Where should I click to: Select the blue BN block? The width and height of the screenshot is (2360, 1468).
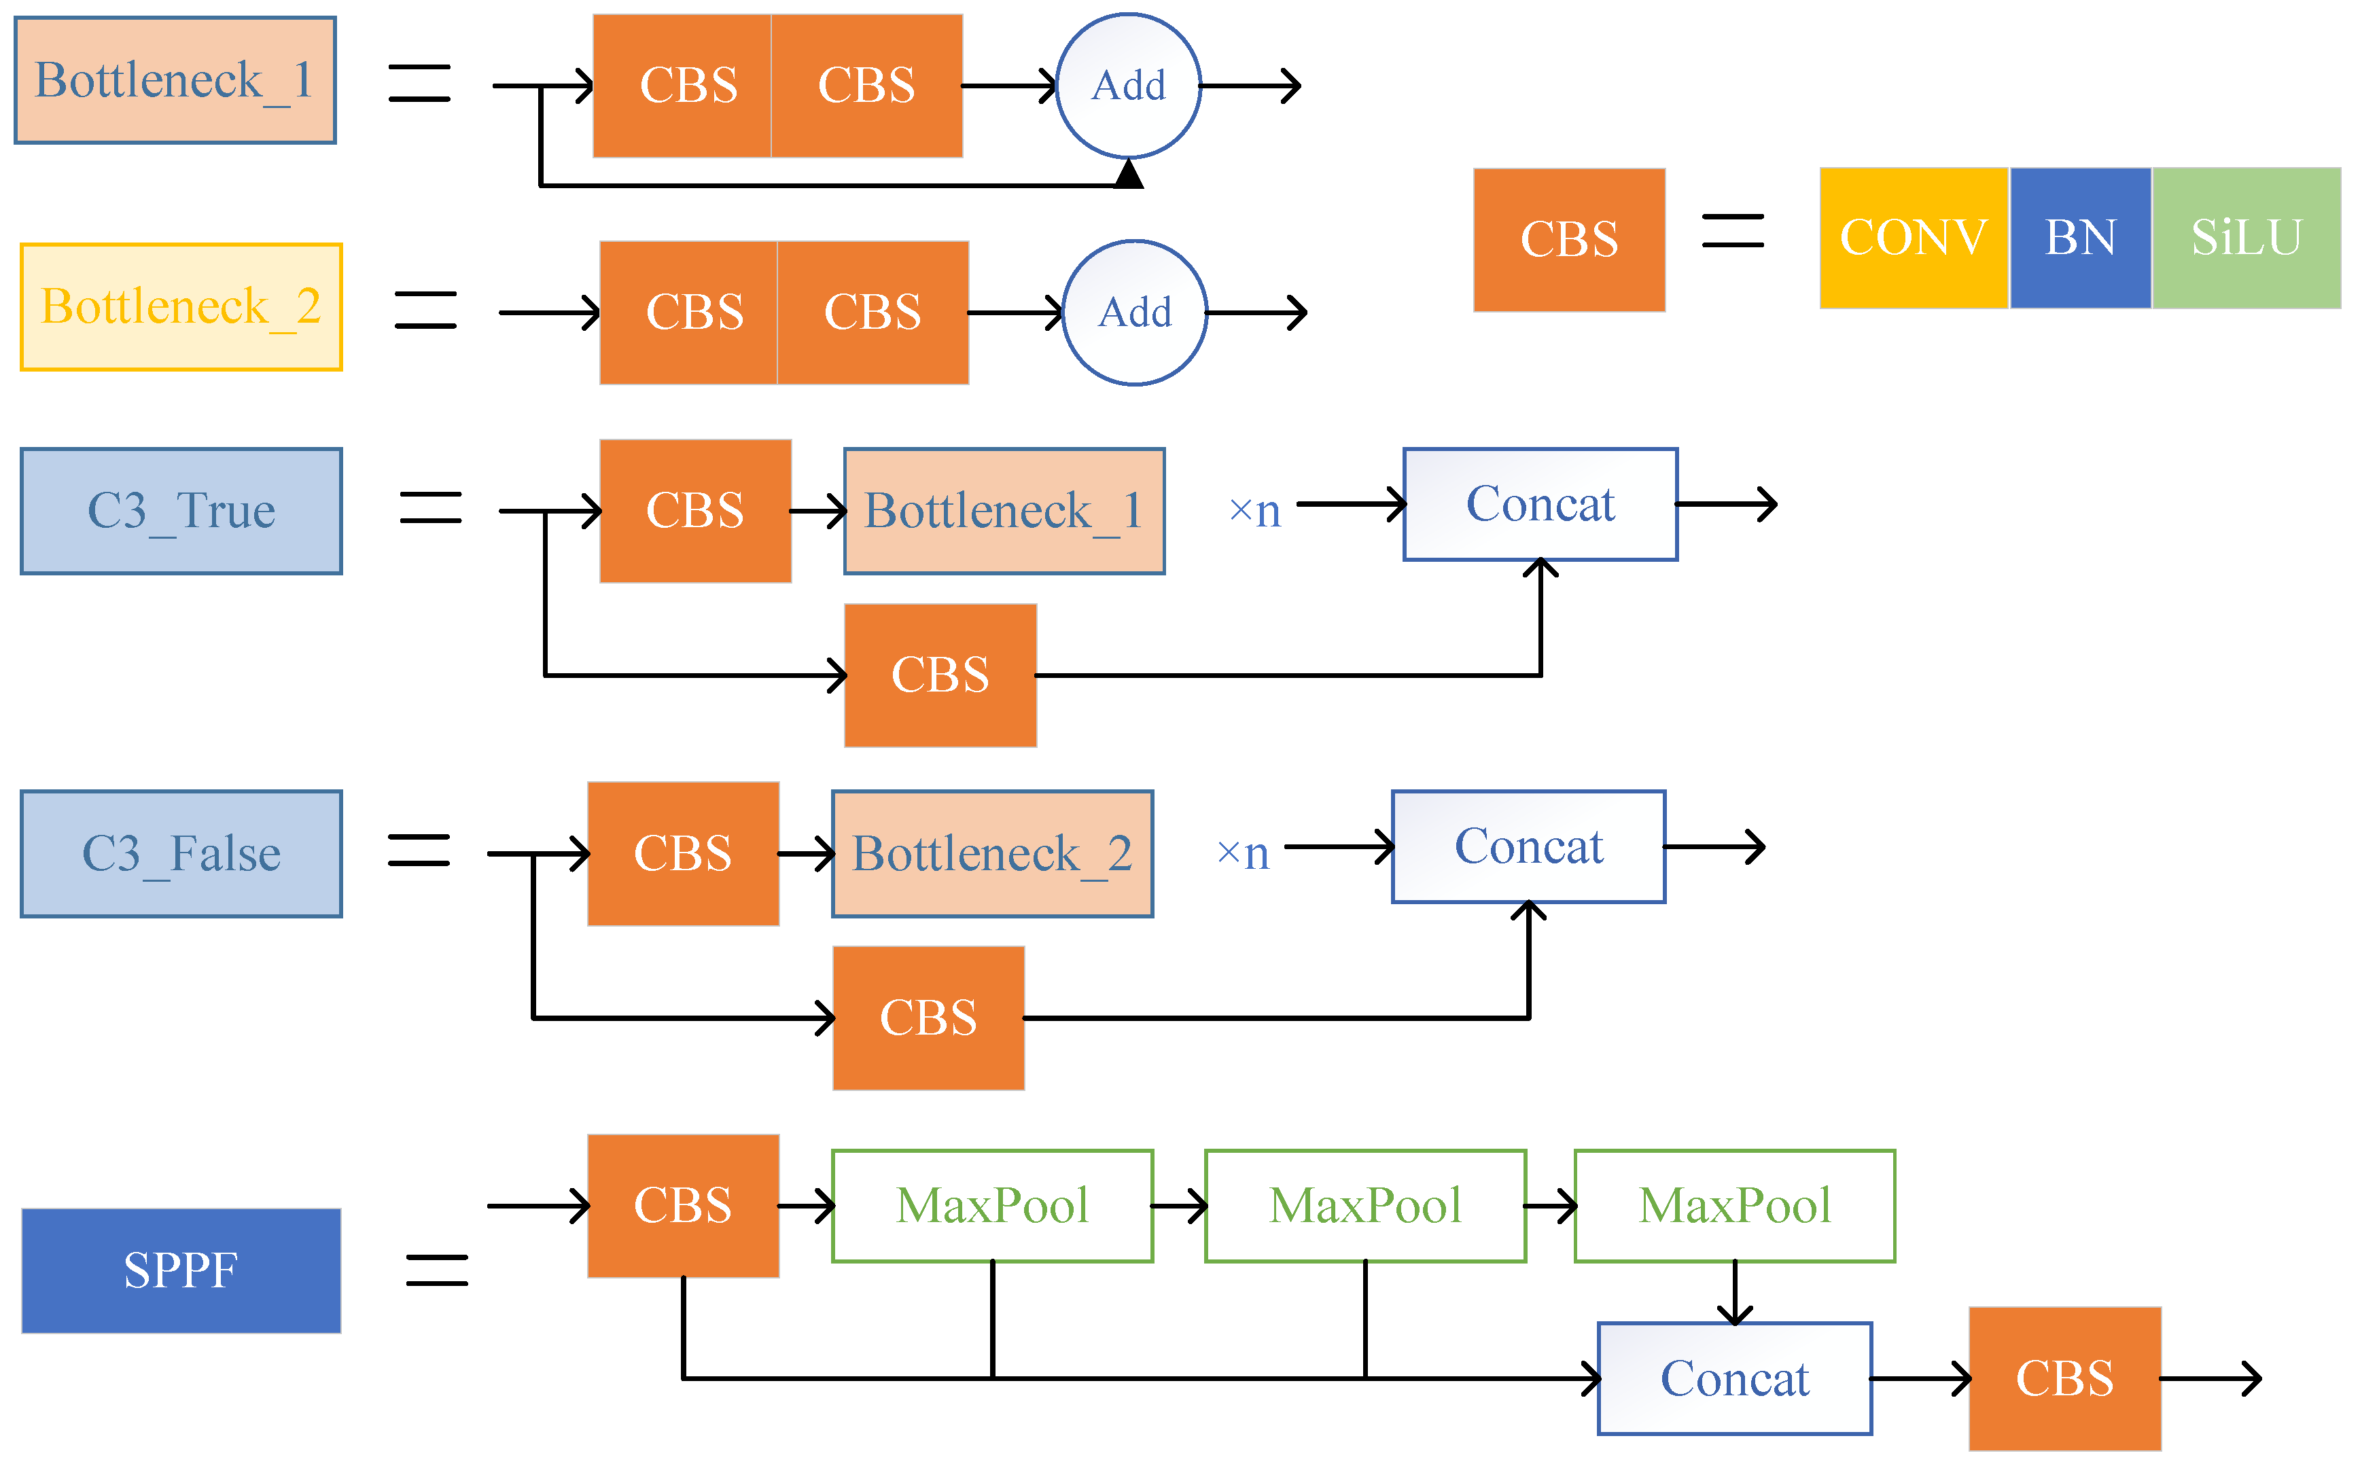click(x=2079, y=238)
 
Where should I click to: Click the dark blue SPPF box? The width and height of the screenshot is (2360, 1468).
click(x=181, y=1270)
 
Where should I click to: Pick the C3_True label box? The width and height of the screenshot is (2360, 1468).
click(x=181, y=511)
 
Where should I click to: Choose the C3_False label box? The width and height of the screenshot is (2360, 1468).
click(x=181, y=853)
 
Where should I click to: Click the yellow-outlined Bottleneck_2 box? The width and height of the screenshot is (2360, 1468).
click(x=181, y=307)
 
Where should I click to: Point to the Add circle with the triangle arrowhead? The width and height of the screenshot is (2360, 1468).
click(x=1127, y=86)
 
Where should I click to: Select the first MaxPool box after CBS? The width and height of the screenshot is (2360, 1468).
click(x=991, y=1206)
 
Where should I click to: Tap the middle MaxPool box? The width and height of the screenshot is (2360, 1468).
click(x=1364, y=1206)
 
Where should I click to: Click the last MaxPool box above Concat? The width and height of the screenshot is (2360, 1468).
click(x=1733, y=1206)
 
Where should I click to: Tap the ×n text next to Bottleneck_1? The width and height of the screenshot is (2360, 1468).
click(x=1254, y=511)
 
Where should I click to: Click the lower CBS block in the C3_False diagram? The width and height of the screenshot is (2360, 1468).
click(x=928, y=1018)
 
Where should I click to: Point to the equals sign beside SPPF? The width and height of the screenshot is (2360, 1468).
click(x=436, y=1270)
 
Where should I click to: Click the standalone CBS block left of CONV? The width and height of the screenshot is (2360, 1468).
click(x=1568, y=240)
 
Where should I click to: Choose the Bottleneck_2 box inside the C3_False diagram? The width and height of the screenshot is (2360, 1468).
click(x=991, y=853)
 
